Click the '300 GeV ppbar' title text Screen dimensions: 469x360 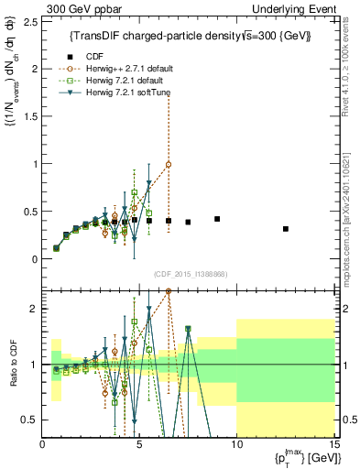(79, 7)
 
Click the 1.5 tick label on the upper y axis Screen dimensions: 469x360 (29, 116)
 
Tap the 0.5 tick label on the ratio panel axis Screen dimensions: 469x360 (29, 420)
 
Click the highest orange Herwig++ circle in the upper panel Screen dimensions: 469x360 (169, 165)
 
